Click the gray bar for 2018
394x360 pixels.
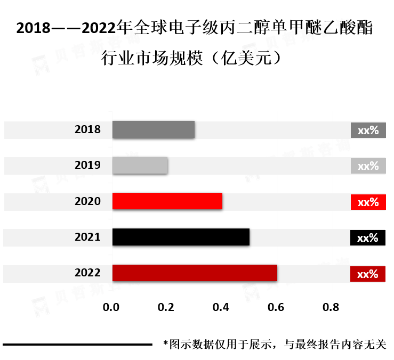(153, 130)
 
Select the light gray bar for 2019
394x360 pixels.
(140, 166)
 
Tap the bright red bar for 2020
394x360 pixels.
(167, 201)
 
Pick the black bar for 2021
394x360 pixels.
(181, 237)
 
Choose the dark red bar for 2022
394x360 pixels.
(195, 273)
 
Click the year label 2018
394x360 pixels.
(87, 129)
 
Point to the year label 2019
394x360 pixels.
(87, 165)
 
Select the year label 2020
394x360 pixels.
(87, 201)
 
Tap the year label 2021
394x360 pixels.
(87, 237)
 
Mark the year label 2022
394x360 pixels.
(87, 273)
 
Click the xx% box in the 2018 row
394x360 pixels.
(368, 130)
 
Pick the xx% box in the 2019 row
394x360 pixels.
(368, 166)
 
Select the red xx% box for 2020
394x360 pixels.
(368, 202)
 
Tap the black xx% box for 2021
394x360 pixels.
(368, 238)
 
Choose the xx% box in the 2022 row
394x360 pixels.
(368, 274)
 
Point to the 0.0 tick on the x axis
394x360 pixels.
(111, 307)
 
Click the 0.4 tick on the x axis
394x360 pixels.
(221, 307)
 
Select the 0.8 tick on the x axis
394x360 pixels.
(331, 307)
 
